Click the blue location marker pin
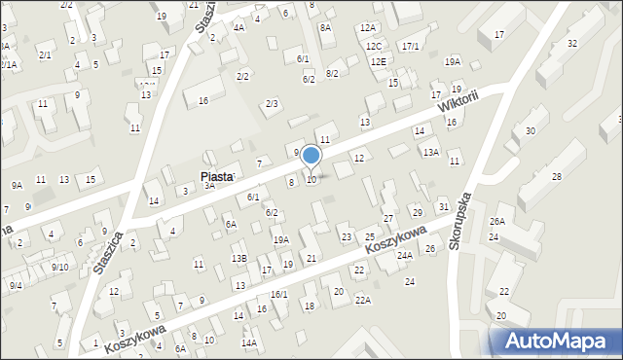tap(311, 156)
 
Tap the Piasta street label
tap(217, 177)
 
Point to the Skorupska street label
tap(461, 220)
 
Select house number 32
tap(571, 44)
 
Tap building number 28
tap(556, 176)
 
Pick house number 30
tap(531, 131)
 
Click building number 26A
tap(497, 222)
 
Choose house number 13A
tap(430, 152)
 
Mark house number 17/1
tap(410, 46)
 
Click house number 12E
tap(378, 61)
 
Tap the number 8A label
tap(325, 28)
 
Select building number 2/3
tap(272, 103)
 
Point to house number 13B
tap(238, 258)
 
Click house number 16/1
tap(279, 294)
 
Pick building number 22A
tap(362, 301)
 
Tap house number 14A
tap(249, 342)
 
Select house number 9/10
tap(59, 267)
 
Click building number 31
tap(443, 206)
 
